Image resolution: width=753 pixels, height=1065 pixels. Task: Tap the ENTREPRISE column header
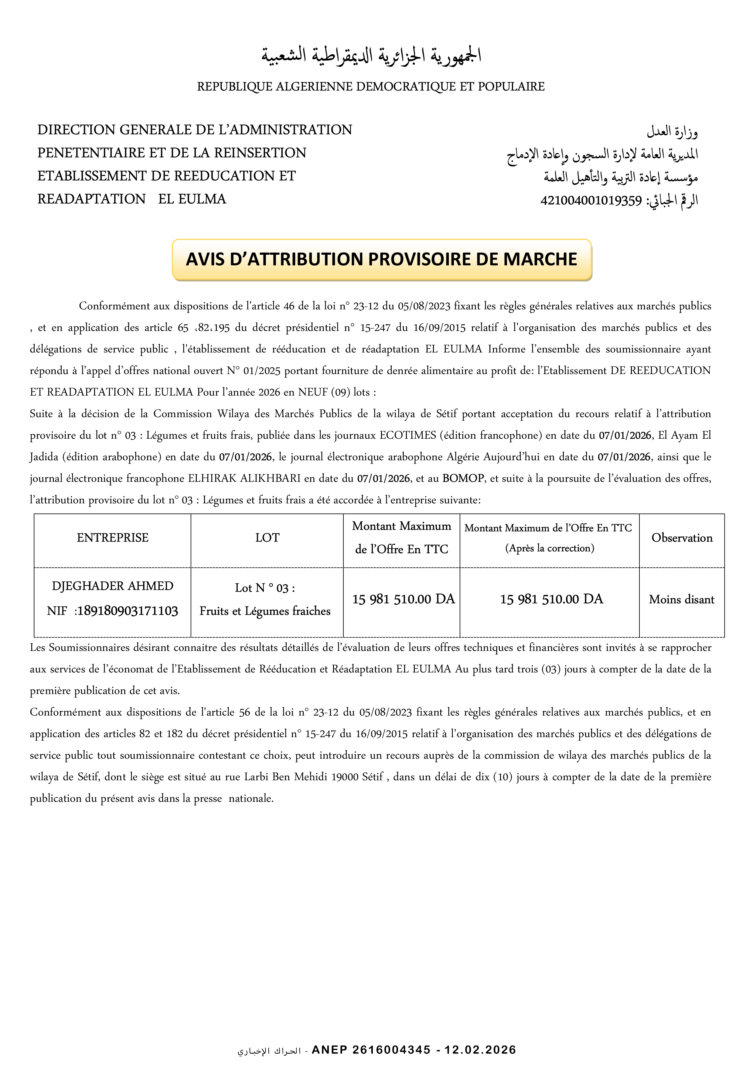point(112,538)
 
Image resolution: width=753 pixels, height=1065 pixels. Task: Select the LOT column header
point(267,538)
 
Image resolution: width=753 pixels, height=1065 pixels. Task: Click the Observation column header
point(682,538)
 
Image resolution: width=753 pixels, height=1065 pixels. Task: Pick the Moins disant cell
point(682,600)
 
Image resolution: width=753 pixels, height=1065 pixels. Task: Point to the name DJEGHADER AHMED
point(112,586)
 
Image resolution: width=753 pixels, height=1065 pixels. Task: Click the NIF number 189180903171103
point(127,611)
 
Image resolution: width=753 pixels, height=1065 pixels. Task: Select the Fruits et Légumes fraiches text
point(265,611)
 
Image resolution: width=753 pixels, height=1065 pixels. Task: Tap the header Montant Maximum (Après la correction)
point(549,538)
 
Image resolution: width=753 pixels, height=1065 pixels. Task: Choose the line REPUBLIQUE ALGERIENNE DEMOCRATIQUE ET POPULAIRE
point(371,87)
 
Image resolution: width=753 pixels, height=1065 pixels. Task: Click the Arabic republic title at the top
point(371,56)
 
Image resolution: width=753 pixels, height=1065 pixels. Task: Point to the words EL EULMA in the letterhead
point(192,199)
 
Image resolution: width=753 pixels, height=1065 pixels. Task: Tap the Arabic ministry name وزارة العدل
point(672,132)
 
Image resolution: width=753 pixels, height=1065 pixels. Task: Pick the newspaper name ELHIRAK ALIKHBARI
point(244,479)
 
